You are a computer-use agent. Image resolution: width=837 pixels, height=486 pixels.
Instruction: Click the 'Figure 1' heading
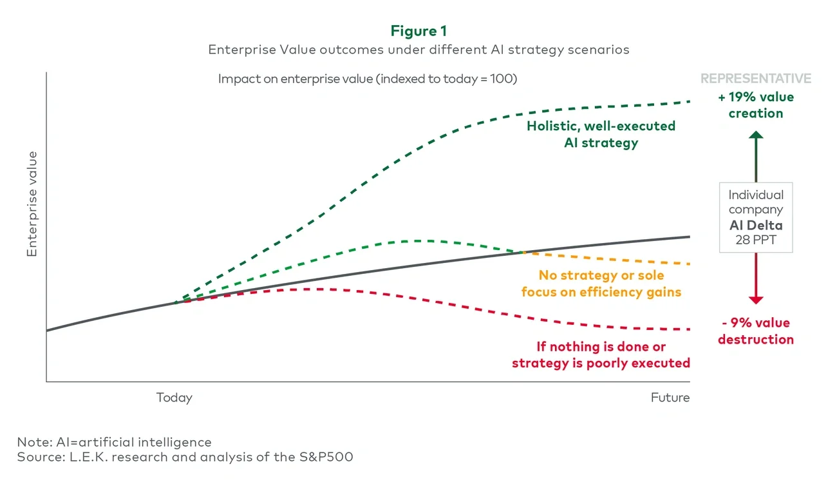[x=418, y=31]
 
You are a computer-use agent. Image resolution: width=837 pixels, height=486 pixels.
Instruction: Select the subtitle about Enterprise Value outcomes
[x=418, y=50]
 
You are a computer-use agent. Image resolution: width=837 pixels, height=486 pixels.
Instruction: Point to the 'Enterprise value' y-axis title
[x=32, y=204]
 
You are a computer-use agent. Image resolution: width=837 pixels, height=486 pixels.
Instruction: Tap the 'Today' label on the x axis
[x=174, y=398]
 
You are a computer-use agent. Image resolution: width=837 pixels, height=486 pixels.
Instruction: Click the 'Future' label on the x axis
[x=670, y=398]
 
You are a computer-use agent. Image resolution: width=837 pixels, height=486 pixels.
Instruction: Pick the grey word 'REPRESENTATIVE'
[x=756, y=79]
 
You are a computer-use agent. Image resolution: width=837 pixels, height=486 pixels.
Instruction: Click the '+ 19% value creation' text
[x=756, y=105]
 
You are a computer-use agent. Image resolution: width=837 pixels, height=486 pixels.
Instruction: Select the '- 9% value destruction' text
[x=756, y=331]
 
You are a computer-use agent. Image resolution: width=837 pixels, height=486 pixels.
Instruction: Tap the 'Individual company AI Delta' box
[x=756, y=217]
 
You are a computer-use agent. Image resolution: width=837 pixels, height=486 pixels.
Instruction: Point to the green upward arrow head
[x=756, y=135]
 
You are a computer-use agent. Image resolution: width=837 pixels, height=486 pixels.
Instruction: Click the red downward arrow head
[x=756, y=300]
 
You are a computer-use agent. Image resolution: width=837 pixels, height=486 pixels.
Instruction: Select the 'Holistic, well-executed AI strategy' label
[x=601, y=134]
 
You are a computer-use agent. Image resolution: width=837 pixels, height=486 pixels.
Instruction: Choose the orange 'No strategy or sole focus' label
[x=601, y=284]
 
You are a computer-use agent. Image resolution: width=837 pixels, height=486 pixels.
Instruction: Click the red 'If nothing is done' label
[x=601, y=355]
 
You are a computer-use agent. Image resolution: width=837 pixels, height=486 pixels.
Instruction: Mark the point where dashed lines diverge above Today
[x=175, y=302]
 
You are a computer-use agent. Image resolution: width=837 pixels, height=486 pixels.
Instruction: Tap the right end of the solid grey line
[x=689, y=237]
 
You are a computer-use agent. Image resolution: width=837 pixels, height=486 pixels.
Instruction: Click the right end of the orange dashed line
[x=689, y=264]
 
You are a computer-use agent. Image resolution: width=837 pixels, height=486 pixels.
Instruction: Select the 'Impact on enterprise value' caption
[x=368, y=79]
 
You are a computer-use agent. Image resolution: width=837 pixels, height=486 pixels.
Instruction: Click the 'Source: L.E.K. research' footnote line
[x=185, y=457]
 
